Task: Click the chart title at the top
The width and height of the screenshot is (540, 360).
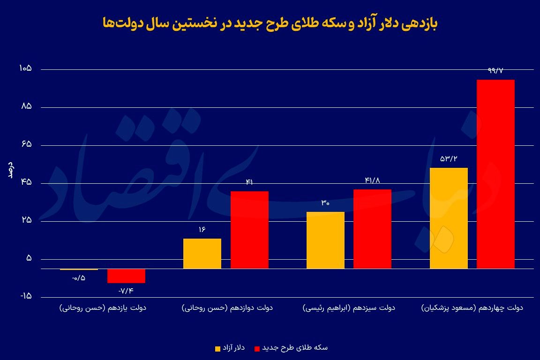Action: click(270, 24)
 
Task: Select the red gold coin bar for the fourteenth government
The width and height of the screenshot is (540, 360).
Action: click(495, 174)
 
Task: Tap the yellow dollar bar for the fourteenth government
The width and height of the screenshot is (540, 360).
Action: click(449, 218)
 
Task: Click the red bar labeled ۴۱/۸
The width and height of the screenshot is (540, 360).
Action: click(372, 229)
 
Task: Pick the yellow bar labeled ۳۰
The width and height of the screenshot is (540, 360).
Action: click(325, 240)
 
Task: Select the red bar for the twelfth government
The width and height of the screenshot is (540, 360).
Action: click(249, 230)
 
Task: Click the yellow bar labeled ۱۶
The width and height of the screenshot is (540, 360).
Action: click(202, 253)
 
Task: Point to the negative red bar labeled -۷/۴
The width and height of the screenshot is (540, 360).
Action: click(126, 276)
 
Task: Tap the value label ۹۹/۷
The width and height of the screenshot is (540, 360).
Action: click(495, 70)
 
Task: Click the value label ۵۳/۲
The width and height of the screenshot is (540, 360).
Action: click(449, 158)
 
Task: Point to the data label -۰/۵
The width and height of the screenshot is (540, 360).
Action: click(79, 278)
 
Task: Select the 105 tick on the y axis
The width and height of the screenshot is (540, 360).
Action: click(25, 69)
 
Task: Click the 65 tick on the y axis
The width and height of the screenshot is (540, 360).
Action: click(26, 145)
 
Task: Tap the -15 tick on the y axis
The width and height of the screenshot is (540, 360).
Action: click(25, 297)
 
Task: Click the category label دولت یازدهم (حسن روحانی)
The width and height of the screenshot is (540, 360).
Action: click(103, 308)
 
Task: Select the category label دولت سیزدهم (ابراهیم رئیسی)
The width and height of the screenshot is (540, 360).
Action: click(349, 308)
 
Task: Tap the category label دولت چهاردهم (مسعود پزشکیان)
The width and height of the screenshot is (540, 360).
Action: click(472, 308)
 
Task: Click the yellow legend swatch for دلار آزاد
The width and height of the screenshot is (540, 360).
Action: click(217, 348)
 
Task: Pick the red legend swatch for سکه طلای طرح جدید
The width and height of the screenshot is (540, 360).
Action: click(256, 348)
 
